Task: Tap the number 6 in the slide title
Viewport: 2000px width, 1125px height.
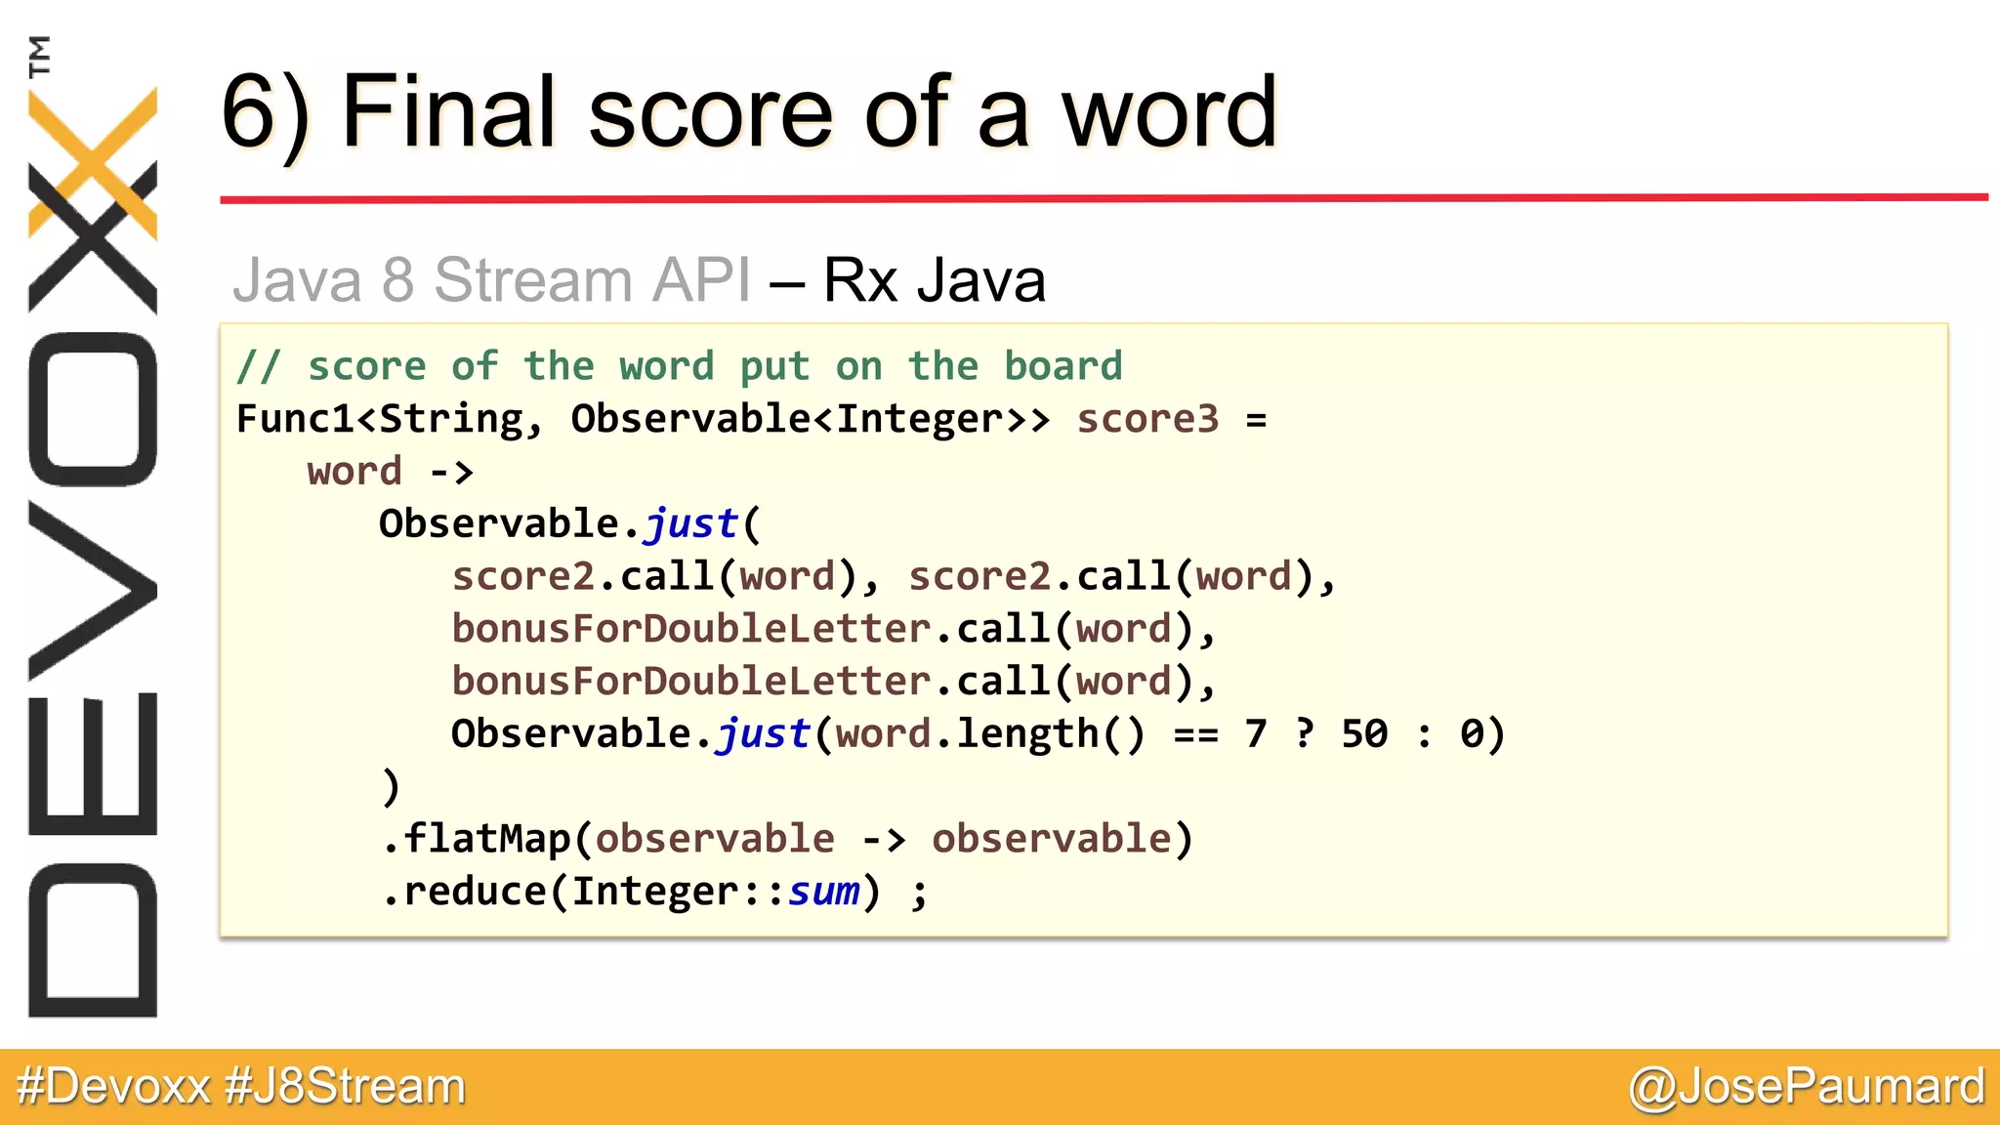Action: pos(252,112)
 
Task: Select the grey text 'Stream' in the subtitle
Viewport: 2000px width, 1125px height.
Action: pos(533,280)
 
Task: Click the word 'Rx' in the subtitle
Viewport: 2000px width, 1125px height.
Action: pos(859,280)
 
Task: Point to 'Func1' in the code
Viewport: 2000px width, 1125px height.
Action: pos(295,419)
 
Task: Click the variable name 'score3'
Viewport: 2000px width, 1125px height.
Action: pos(1147,419)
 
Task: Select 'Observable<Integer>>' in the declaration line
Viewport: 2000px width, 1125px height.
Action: pos(810,419)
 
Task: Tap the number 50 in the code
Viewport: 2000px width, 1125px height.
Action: pos(1364,733)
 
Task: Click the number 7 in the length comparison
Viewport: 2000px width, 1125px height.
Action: pos(1256,733)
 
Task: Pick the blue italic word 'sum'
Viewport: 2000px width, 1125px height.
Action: pos(823,892)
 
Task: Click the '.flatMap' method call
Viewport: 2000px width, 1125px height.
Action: pos(476,839)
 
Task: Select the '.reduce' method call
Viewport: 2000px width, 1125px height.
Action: pos(464,892)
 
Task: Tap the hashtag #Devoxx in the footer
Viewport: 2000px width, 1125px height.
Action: pos(113,1087)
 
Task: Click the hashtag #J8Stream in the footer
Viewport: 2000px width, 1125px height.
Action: pos(345,1087)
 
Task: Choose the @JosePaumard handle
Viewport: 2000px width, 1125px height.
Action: pos(1807,1087)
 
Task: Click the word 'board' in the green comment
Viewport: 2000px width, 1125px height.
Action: pos(1063,366)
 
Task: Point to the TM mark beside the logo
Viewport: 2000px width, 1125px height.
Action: pos(39,56)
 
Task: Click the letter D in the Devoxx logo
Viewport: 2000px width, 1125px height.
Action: pos(93,940)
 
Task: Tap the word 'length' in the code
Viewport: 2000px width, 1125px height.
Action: pos(1027,733)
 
